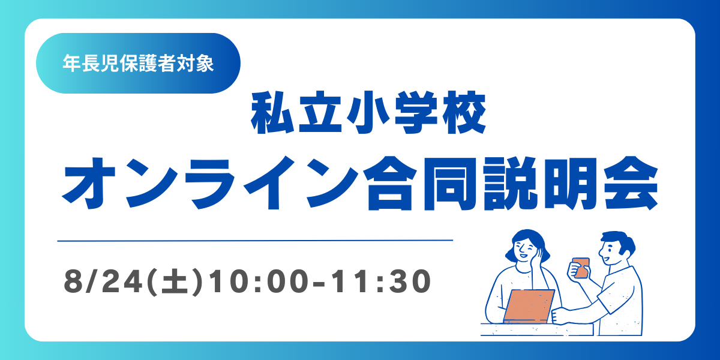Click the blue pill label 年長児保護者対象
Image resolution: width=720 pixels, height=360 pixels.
tap(138, 64)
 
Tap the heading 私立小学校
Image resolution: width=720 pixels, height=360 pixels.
tap(368, 113)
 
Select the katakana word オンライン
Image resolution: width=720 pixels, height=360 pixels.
tap(210, 183)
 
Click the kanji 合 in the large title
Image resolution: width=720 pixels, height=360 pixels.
tap(390, 183)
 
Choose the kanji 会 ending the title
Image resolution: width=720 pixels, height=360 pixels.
tap(631, 183)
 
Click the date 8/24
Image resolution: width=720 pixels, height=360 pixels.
tap(103, 281)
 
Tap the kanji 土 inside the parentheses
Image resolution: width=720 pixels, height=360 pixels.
tap(175, 281)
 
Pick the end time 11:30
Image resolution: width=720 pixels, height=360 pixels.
tap(382, 281)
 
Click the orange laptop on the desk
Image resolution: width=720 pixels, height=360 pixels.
tap(529, 306)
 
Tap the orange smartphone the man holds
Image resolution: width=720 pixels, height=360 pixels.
tap(581, 268)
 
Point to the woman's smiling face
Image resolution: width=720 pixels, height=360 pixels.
tap(524, 249)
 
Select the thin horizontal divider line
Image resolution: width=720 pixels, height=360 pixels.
tap(255, 241)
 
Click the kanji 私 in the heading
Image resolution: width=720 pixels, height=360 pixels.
tap(272, 113)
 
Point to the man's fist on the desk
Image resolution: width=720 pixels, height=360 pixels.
tap(559, 317)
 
